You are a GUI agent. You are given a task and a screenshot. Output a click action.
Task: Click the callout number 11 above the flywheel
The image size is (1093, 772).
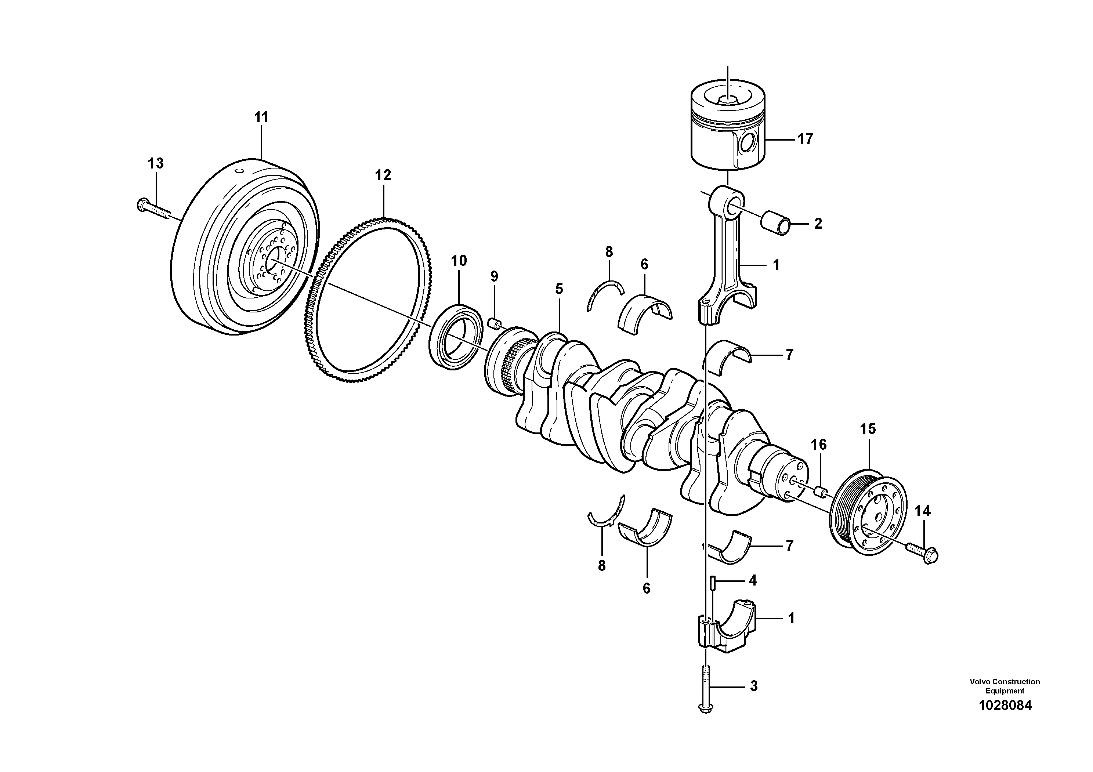(261, 117)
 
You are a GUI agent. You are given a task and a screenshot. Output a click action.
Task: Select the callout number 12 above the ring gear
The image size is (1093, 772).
(383, 175)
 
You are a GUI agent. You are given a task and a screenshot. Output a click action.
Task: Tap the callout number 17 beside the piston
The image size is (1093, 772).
(806, 139)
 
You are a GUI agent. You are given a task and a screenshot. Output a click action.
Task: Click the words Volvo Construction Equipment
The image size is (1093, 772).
(1005, 686)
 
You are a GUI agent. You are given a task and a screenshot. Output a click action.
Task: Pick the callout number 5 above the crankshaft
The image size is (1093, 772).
(559, 289)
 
